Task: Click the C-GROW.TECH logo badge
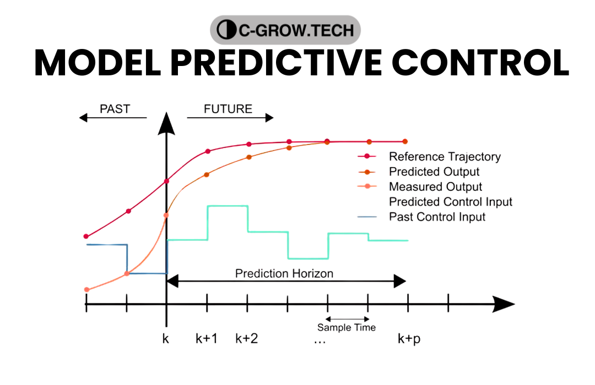[x=285, y=30]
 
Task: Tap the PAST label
[x=115, y=109]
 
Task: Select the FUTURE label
[x=228, y=109]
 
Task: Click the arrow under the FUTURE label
[x=230, y=117]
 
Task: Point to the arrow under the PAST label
[x=113, y=117]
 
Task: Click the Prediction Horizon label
[x=284, y=273]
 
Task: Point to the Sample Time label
[x=347, y=328]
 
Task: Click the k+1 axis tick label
[x=207, y=339]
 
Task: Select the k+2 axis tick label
[x=247, y=339]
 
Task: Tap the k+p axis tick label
[x=409, y=339]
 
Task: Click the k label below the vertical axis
[x=166, y=339]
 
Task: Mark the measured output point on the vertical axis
[x=166, y=215]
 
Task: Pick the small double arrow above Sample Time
[x=347, y=318]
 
